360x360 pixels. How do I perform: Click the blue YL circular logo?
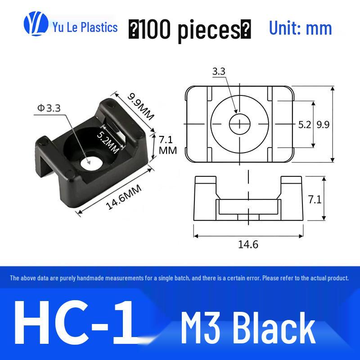(36, 24)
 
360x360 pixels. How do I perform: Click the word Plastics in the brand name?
(99, 27)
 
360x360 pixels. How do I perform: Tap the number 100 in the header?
(155, 29)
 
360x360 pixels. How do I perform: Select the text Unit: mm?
(300, 28)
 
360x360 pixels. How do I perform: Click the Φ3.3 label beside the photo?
(49, 108)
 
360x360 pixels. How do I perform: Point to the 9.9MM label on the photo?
(140, 107)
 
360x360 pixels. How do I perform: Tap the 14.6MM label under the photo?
(123, 197)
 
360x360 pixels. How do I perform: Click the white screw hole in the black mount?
(91, 163)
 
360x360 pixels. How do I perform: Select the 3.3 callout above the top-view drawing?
(219, 72)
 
